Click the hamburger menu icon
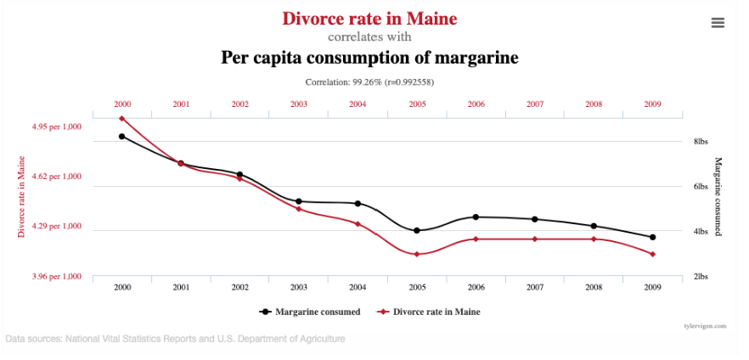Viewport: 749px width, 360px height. click(718, 23)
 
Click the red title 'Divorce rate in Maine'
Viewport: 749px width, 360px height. click(369, 18)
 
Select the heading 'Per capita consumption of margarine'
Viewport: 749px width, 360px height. click(369, 58)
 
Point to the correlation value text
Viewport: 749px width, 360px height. click(369, 82)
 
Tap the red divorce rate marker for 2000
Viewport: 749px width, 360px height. click(122, 119)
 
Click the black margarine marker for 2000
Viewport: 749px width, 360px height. click(122, 136)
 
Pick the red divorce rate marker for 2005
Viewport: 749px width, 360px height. click(417, 254)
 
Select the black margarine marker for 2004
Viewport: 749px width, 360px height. click(358, 204)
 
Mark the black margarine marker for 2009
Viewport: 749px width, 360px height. click(652, 238)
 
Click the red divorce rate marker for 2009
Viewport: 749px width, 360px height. click(652, 254)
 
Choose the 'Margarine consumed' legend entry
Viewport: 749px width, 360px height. click(311, 312)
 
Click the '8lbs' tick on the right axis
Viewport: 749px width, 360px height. click(701, 142)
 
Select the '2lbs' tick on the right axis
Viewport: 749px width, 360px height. click(701, 277)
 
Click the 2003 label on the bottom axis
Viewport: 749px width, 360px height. click(299, 287)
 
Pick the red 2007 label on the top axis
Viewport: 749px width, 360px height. click(535, 104)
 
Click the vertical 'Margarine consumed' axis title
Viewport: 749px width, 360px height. click(718, 196)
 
